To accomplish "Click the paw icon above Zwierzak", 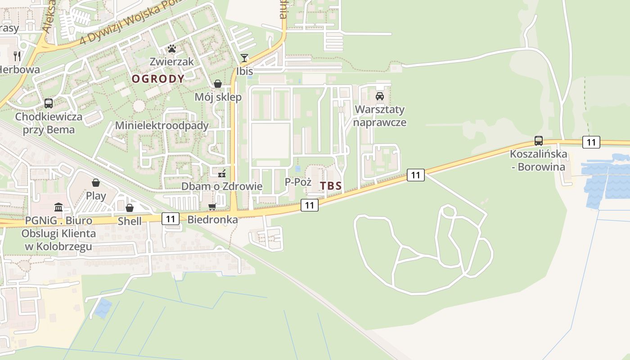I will (x=172, y=48).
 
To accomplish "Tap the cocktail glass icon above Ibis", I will (x=244, y=58).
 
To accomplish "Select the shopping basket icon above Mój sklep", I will (x=218, y=84).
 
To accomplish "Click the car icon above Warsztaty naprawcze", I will (x=380, y=96).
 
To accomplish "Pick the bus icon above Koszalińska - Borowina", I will (x=538, y=140).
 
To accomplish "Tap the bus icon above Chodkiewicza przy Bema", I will (x=49, y=103).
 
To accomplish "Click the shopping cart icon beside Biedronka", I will (x=212, y=207).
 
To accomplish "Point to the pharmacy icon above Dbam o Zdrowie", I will (x=221, y=173).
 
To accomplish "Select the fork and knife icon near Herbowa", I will (x=17, y=56).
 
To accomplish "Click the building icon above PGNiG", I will (x=58, y=207).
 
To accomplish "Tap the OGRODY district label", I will (x=158, y=79).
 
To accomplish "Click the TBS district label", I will (x=331, y=186).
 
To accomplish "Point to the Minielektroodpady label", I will (x=162, y=126).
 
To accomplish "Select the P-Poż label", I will (x=298, y=182).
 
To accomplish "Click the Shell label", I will (x=130, y=221).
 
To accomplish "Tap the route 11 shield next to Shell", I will (x=170, y=219).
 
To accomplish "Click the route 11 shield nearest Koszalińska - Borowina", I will (x=591, y=142).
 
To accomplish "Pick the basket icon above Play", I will (x=96, y=182).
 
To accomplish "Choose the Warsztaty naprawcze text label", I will (x=380, y=116).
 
